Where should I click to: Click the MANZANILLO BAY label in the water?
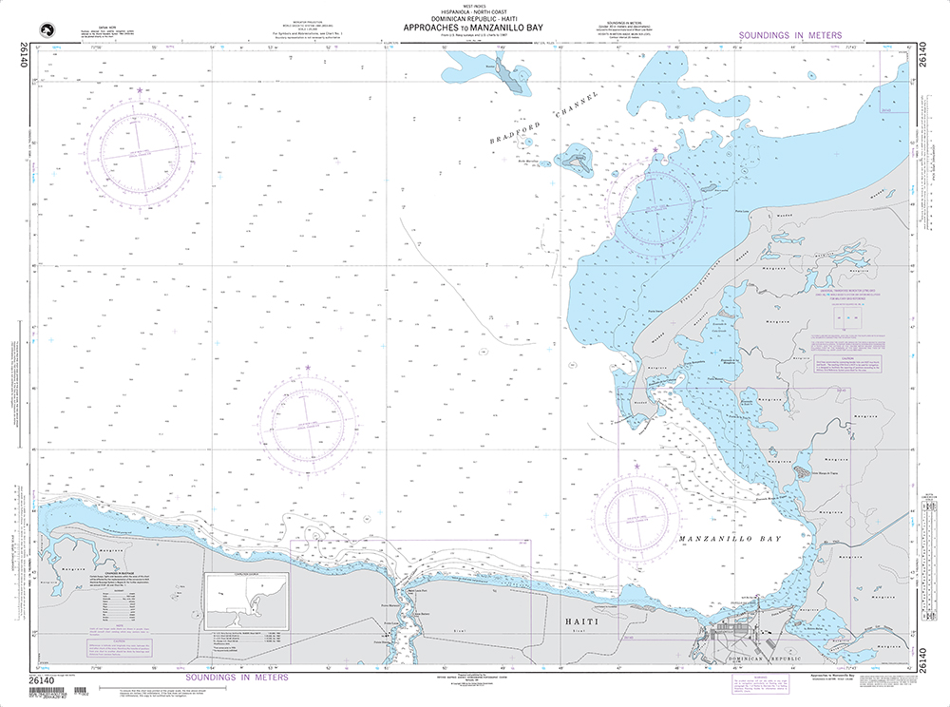[x=731, y=539]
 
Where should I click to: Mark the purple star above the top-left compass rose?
[x=141, y=90]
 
